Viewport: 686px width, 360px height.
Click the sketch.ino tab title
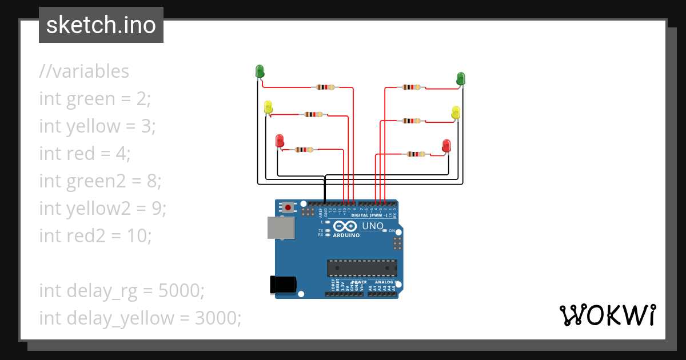[x=101, y=25]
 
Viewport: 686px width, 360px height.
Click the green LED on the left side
[x=259, y=71]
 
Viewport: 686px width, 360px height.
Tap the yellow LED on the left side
[x=268, y=107]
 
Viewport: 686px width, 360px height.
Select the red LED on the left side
[x=280, y=140]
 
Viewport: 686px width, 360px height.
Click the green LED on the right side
[x=461, y=78]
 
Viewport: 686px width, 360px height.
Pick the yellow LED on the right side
[x=456, y=112]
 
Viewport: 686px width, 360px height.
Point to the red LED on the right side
[x=446, y=145]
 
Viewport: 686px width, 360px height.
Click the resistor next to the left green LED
[x=325, y=87]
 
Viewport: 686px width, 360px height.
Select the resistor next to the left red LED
[x=304, y=150]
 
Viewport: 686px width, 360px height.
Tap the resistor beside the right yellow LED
[x=411, y=121]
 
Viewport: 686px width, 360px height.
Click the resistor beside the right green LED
[x=411, y=87]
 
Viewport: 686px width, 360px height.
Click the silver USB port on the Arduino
[x=281, y=227]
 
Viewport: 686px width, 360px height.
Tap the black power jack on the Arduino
[x=282, y=284]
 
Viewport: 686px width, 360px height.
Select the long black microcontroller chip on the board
[x=361, y=267]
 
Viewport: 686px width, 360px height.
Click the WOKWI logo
[x=607, y=315]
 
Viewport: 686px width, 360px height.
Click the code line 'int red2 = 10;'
[x=95, y=235]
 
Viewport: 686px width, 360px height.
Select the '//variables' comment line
[x=84, y=71]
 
